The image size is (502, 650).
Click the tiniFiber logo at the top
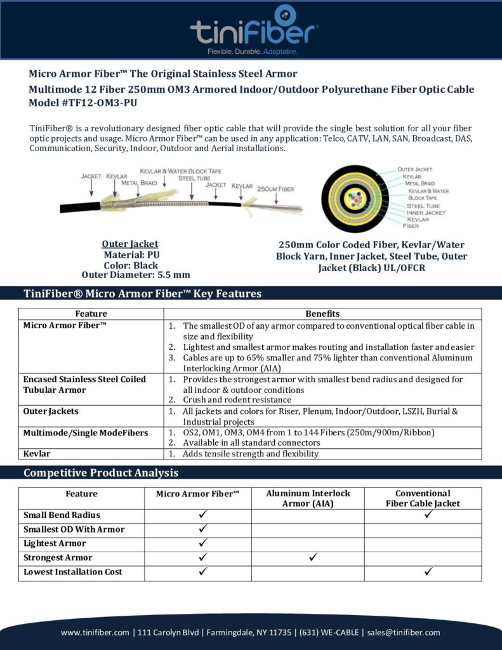coord(254,29)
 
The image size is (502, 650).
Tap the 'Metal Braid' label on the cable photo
coord(140,183)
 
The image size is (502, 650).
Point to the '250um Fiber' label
coord(275,189)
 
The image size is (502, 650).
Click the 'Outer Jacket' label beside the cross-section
coord(414,169)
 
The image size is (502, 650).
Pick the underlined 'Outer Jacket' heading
coord(130,244)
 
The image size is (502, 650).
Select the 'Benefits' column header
coord(322,314)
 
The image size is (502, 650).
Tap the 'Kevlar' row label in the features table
coord(37,454)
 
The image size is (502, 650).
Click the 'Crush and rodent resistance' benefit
coord(237,400)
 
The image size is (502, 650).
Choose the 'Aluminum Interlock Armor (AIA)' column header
coord(308,498)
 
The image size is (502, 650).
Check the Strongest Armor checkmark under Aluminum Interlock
coord(313,558)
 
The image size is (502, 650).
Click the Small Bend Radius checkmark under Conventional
coord(428,515)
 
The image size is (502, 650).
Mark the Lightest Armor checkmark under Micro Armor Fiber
coord(203,543)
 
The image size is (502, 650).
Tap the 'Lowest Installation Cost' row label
coord(73,572)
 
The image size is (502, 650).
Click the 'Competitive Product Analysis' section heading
coord(101,473)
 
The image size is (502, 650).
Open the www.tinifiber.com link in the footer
coord(95,632)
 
